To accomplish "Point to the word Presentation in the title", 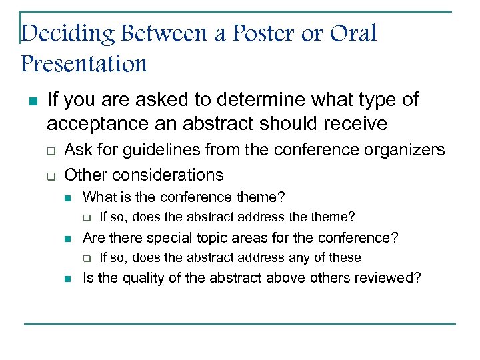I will coord(84,64).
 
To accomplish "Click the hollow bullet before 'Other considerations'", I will coord(51,176).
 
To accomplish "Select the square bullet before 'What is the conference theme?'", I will coord(68,198).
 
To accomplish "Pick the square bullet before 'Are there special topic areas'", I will coord(68,239).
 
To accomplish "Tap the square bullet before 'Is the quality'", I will coord(68,279).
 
